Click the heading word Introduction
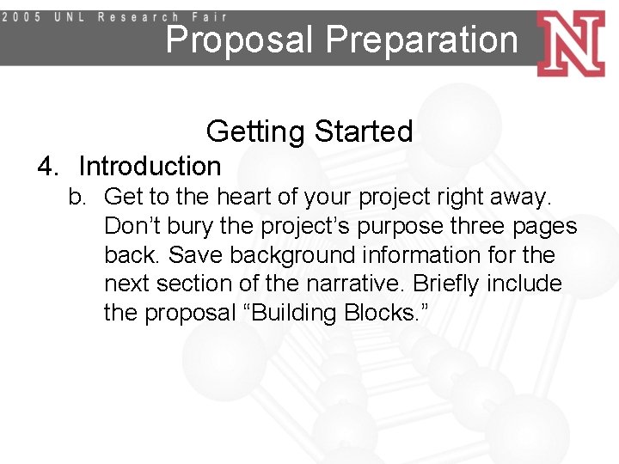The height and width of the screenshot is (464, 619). tap(150, 166)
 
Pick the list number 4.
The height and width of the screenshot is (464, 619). tap(47, 166)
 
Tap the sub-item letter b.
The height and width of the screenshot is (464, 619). tap(78, 198)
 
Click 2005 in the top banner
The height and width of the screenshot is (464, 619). tap(26, 16)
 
